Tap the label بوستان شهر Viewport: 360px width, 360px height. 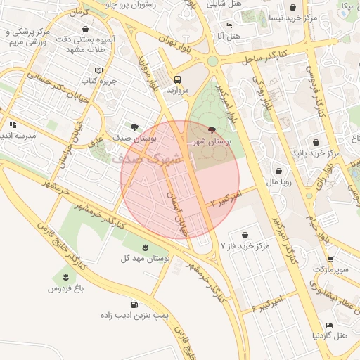tap(212, 141)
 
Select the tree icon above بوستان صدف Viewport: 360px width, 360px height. tap(134, 127)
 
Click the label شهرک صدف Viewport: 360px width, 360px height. tap(146, 158)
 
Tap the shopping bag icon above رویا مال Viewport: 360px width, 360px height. tap(279, 171)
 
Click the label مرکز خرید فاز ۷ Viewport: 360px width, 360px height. tap(245, 246)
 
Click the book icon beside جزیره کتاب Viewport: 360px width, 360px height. tap(98, 70)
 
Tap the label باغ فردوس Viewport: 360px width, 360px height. tap(66, 288)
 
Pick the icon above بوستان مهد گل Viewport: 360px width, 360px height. tap(145, 247)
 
